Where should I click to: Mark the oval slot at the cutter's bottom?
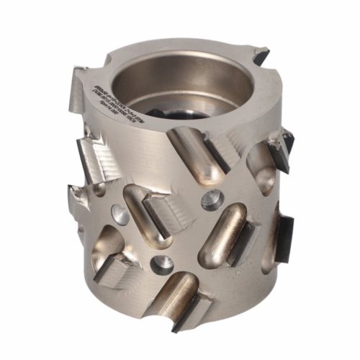click(x=174, y=303)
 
